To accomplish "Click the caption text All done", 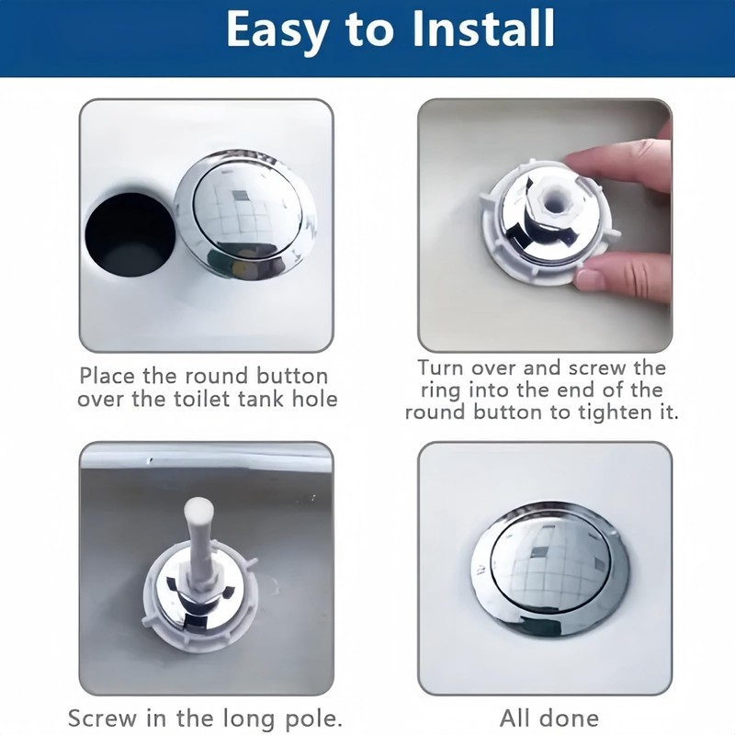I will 548,718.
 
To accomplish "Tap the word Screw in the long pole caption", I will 103,718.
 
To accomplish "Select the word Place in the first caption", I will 107,376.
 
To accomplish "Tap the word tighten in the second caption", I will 611,412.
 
